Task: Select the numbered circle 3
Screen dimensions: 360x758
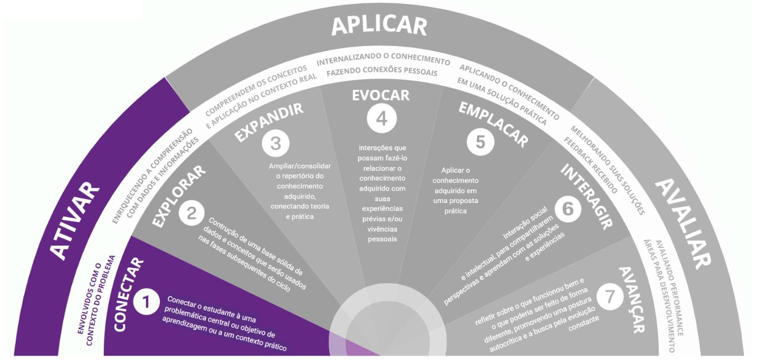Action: [275, 143]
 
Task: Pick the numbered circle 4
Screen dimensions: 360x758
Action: [382, 118]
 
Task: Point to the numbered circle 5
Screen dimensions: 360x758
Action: [480, 141]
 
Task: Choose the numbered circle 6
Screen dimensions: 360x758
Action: [568, 209]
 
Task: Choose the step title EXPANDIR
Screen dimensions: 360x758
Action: [269, 122]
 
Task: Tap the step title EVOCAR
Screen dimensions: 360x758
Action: [381, 95]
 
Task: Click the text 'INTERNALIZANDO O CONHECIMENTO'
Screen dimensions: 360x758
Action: [383, 61]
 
